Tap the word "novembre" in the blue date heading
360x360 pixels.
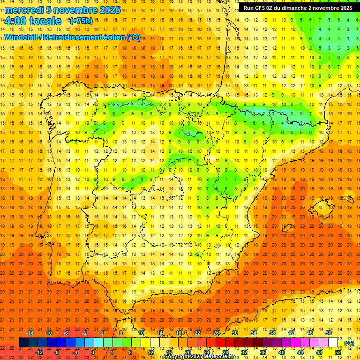click(x=76, y=10)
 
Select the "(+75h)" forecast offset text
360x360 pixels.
click(x=81, y=21)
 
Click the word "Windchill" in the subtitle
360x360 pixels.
click(x=21, y=37)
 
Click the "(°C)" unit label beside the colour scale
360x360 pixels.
click(x=349, y=343)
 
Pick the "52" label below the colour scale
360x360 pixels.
click(x=338, y=352)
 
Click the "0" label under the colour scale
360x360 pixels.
click(x=93, y=352)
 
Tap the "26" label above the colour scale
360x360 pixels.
click(x=216, y=333)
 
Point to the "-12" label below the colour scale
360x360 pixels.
click(x=39, y=352)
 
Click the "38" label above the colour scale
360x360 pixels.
click(x=272, y=333)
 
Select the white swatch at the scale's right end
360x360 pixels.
click(x=333, y=343)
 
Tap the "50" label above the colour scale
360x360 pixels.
click(x=329, y=333)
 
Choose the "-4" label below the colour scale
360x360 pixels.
click(x=75, y=352)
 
